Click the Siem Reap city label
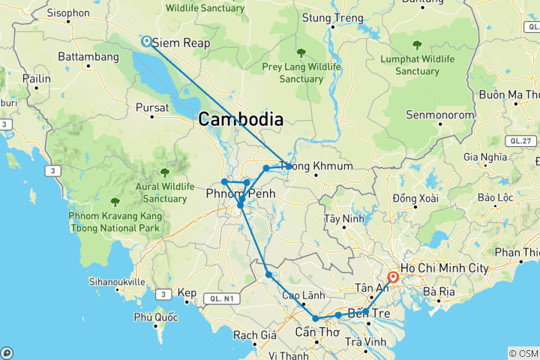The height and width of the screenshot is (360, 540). pos(181,44)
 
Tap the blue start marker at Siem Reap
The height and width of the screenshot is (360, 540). pos(146,42)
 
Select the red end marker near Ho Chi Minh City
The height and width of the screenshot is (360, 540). pos(392,277)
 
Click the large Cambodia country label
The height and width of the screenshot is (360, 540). pos(241,118)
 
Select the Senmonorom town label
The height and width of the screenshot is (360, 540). pos(436,115)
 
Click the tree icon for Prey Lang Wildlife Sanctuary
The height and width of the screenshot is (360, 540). pos(301,52)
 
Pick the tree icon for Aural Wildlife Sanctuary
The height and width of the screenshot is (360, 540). pos(165,172)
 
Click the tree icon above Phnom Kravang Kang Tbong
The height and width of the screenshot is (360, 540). pos(115,202)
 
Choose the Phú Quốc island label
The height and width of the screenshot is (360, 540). pos(155,317)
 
